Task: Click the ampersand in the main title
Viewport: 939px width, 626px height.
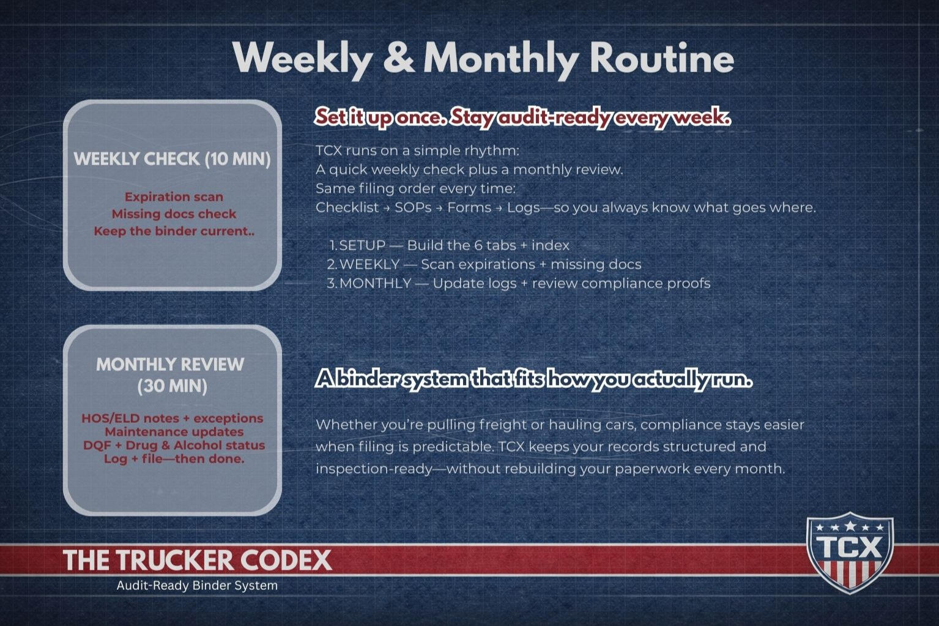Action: point(399,58)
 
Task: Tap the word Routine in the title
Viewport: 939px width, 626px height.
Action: point(662,58)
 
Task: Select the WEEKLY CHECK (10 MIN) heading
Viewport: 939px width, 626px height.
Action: point(172,159)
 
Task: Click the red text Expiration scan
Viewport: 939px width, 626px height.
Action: point(174,196)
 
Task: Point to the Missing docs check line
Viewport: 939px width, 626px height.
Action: point(174,214)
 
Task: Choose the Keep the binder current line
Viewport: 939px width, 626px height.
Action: point(174,231)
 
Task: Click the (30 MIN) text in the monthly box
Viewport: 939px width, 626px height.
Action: point(173,386)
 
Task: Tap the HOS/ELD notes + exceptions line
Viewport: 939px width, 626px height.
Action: point(173,418)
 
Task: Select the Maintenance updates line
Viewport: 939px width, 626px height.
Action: point(174,432)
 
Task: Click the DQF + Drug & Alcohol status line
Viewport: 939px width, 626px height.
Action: point(174,445)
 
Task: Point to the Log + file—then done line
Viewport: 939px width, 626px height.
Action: point(174,459)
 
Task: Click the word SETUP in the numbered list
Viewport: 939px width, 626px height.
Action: point(362,245)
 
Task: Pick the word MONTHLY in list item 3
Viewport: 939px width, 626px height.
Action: point(375,283)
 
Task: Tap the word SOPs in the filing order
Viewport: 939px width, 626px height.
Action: point(413,207)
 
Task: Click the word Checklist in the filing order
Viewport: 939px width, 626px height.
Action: point(347,207)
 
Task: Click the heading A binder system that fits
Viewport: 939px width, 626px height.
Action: point(533,379)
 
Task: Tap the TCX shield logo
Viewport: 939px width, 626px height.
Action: point(850,553)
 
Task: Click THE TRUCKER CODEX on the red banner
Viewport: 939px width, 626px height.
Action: point(198,560)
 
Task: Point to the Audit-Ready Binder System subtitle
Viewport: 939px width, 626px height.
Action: point(197,586)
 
